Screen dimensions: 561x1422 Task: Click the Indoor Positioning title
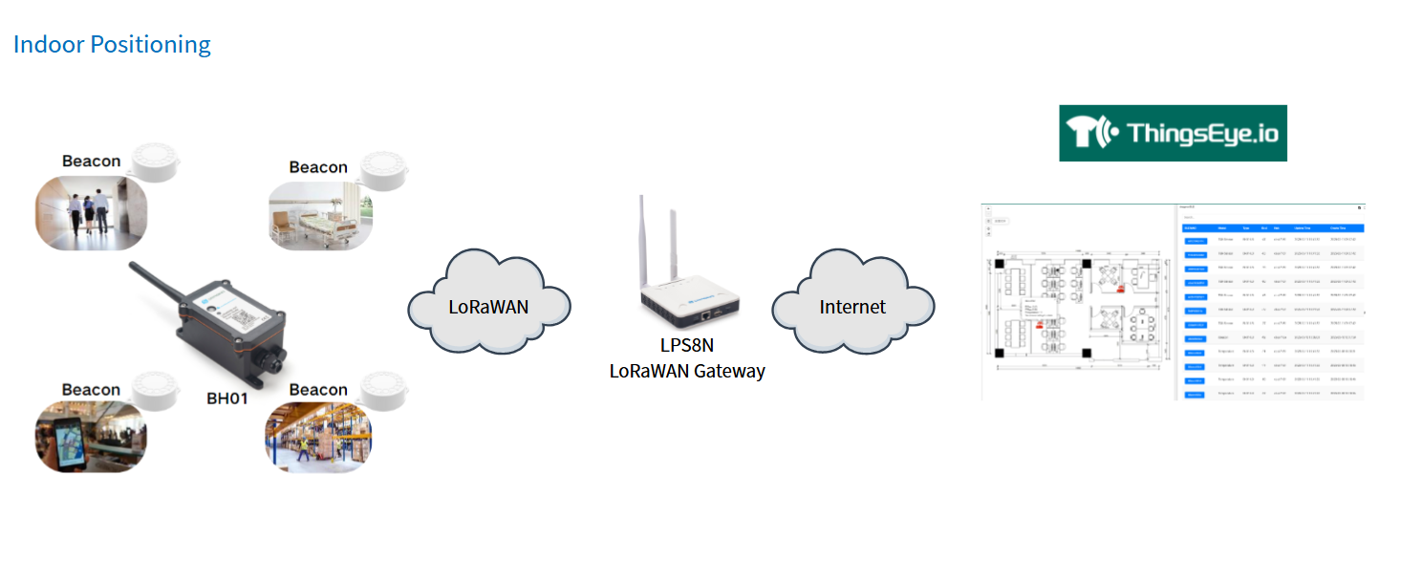[112, 45]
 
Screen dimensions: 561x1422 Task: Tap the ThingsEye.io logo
[1173, 134]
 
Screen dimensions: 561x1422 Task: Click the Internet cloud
[851, 307]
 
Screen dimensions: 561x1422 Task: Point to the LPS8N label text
[687, 346]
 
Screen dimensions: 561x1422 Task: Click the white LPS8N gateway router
[688, 295]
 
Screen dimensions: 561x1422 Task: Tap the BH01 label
[227, 398]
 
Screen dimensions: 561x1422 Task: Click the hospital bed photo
[320, 216]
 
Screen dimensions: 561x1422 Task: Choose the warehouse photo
[318, 437]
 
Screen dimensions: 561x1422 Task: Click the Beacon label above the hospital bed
[318, 167]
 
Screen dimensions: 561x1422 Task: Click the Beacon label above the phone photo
[91, 390]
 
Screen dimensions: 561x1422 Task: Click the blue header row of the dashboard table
[1272, 228]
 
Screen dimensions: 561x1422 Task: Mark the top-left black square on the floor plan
[999, 261]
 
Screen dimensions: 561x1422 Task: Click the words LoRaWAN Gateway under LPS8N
[687, 371]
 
